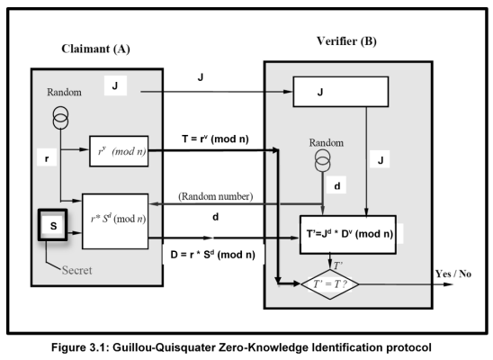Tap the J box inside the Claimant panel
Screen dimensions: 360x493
[118, 86]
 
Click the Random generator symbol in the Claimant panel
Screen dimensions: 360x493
[61, 117]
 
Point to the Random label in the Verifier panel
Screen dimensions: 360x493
[321, 142]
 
